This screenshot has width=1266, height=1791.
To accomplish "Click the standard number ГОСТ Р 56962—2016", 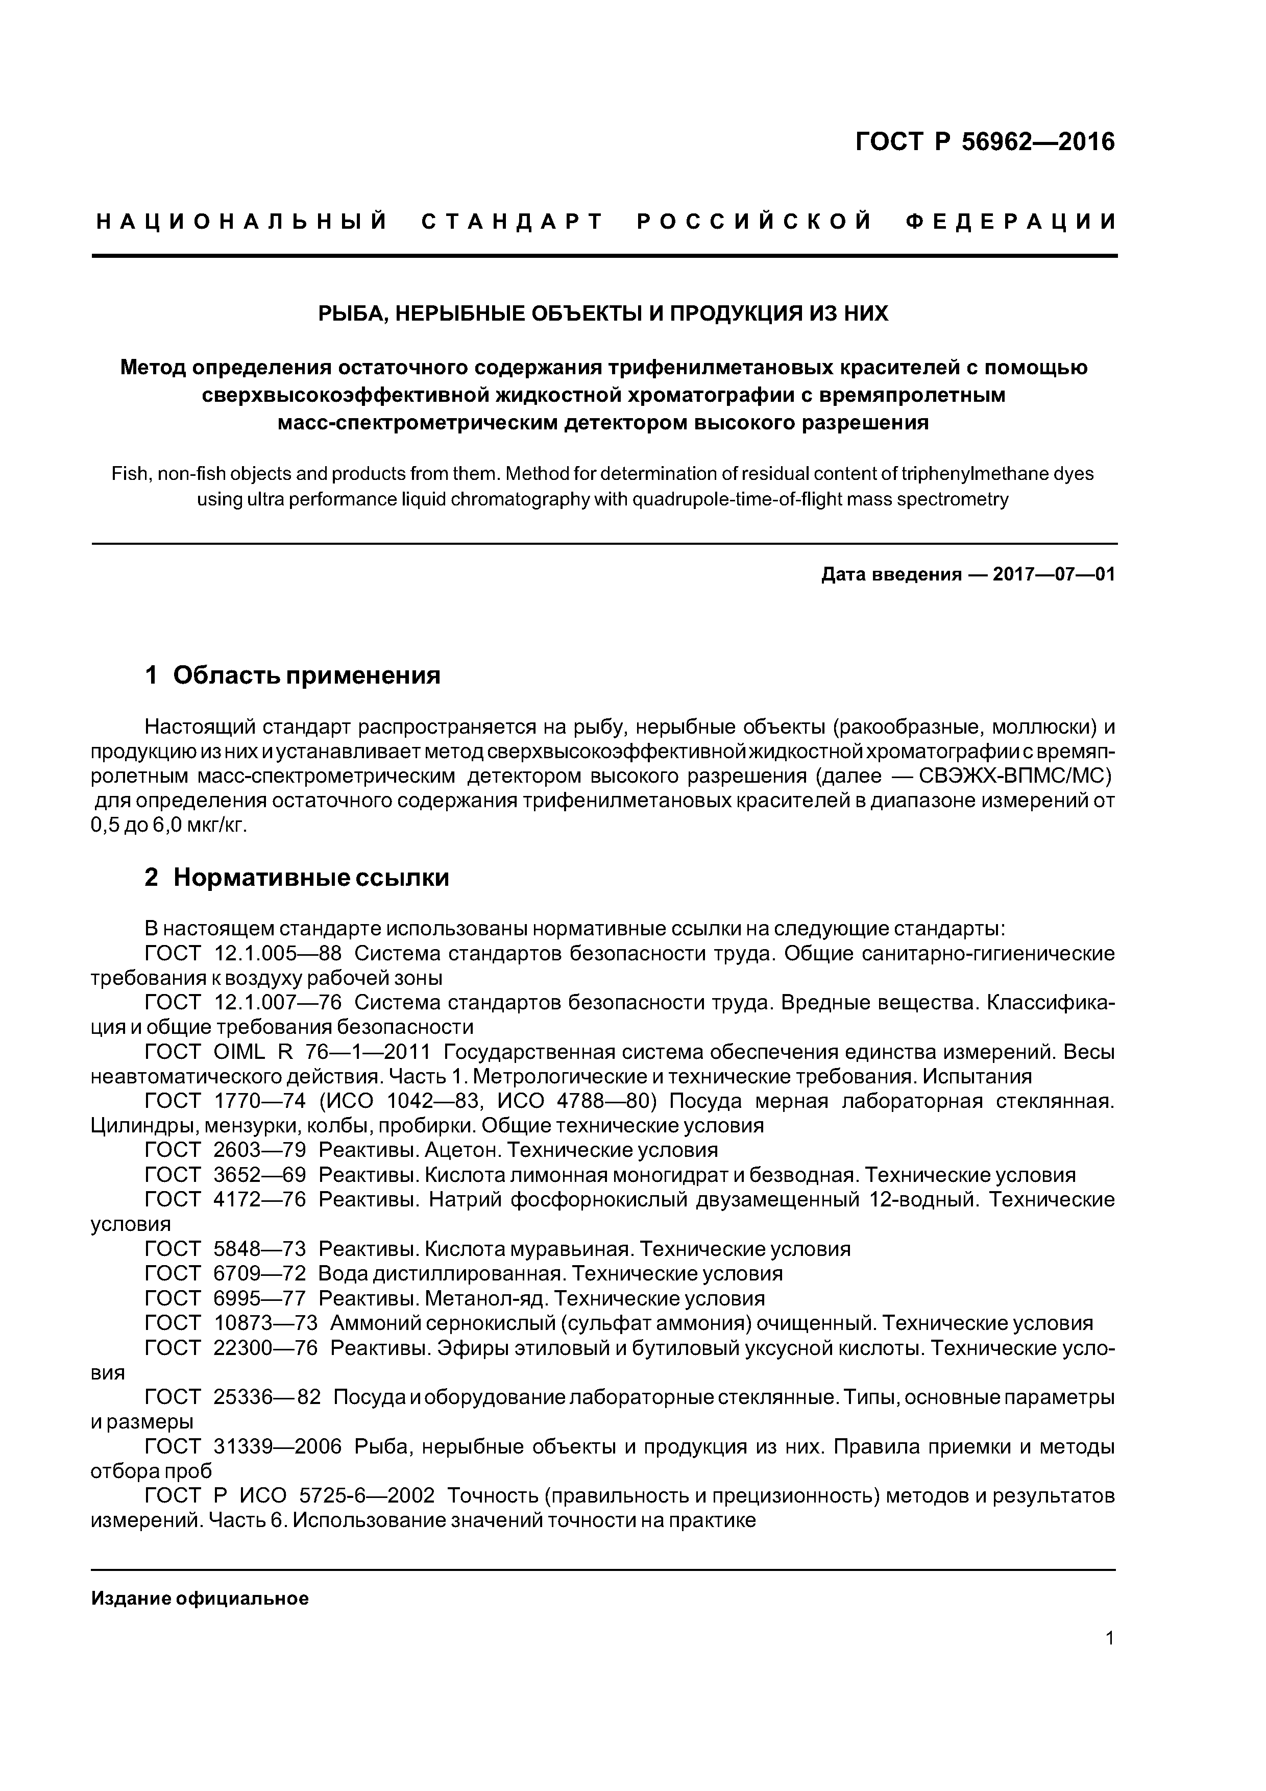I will click(x=985, y=142).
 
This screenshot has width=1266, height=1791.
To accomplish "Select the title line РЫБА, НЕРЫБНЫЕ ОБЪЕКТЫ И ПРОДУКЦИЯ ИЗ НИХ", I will click(x=603, y=313).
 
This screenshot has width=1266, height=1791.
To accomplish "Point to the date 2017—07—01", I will click(x=1053, y=575).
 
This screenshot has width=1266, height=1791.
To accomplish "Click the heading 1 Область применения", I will click(x=293, y=675).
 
